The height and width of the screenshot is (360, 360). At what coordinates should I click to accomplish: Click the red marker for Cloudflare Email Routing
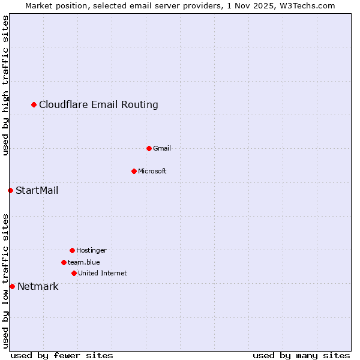click(x=34, y=105)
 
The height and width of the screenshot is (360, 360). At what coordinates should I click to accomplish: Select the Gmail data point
click(x=149, y=148)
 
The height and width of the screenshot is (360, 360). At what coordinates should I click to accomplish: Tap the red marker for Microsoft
click(x=134, y=171)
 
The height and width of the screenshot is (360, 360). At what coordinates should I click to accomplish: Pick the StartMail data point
click(x=10, y=191)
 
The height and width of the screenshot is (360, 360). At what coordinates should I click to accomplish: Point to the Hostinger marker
click(x=72, y=250)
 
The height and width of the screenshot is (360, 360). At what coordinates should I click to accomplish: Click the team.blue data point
click(x=64, y=262)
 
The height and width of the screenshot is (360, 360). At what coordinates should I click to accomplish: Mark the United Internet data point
click(x=74, y=273)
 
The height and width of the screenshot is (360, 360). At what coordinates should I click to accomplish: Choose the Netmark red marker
click(x=12, y=287)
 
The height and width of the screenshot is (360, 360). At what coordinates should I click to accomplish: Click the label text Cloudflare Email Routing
click(x=98, y=105)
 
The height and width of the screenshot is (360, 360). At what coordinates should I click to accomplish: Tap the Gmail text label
click(x=162, y=148)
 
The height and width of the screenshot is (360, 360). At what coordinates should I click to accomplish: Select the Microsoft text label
click(x=152, y=171)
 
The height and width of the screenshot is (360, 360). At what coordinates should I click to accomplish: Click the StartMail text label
click(x=37, y=191)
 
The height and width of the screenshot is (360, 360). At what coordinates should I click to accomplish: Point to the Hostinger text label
click(x=91, y=250)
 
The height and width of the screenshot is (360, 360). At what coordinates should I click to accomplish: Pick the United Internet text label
click(x=103, y=273)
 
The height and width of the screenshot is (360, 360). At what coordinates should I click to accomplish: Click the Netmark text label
click(x=38, y=287)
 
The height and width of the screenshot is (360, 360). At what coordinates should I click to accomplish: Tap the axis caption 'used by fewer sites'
click(x=62, y=355)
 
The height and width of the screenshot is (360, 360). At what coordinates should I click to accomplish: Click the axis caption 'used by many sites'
click(x=301, y=355)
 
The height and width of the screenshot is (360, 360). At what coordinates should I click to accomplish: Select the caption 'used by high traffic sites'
click(x=5, y=85)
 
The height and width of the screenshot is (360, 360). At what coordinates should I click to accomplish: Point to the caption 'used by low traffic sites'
click(x=5, y=280)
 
